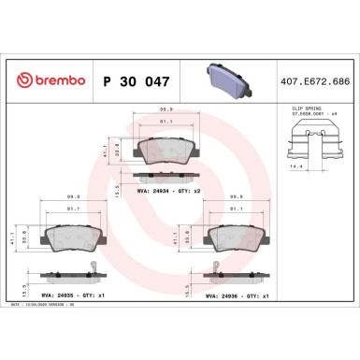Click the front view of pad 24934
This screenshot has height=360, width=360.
coord(165,148)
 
